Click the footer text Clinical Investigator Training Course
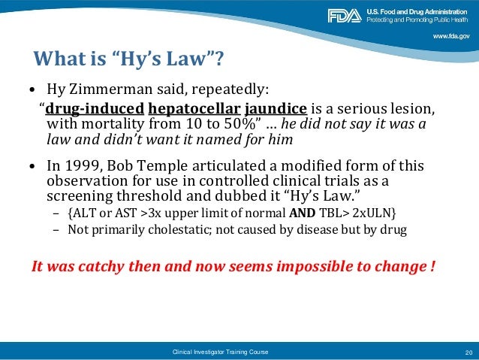[x=219, y=352]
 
